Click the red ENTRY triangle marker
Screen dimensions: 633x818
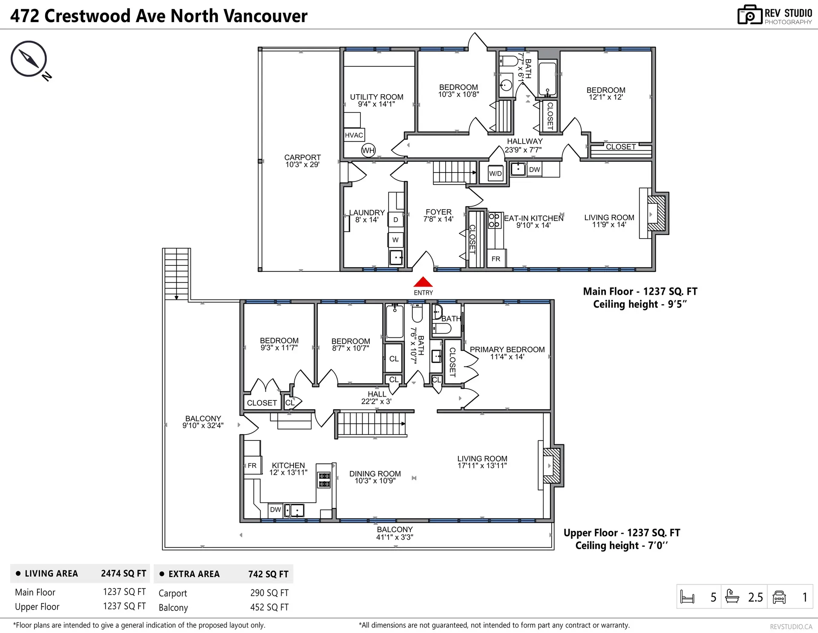[x=423, y=282]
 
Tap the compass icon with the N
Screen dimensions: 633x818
[x=29, y=59]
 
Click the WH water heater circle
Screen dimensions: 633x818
[x=368, y=150]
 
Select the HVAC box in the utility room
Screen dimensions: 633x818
[x=354, y=135]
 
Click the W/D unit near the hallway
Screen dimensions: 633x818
[x=495, y=173]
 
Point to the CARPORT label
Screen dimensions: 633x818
[x=302, y=158]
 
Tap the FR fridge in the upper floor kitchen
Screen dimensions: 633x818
[x=252, y=466]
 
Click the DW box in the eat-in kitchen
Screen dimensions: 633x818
[x=534, y=170]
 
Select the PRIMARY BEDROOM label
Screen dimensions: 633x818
[x=507, y=350]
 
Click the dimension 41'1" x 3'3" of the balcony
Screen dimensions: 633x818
[x=395, y=537]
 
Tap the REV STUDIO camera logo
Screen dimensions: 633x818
[x=749, y=15]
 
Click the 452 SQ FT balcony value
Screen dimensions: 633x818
[x=269, y=607]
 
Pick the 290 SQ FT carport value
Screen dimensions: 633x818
[x=269, y=593]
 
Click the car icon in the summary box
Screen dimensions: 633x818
[x=779, y=597]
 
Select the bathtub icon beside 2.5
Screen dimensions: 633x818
[x=732, y=597]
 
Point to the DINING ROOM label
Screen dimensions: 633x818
[x=375, y=474]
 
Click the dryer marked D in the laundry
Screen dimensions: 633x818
[x=396, y=220]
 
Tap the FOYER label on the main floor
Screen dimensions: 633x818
[x=438, y=212]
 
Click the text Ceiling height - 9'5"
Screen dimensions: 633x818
[x=640, y=304]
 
